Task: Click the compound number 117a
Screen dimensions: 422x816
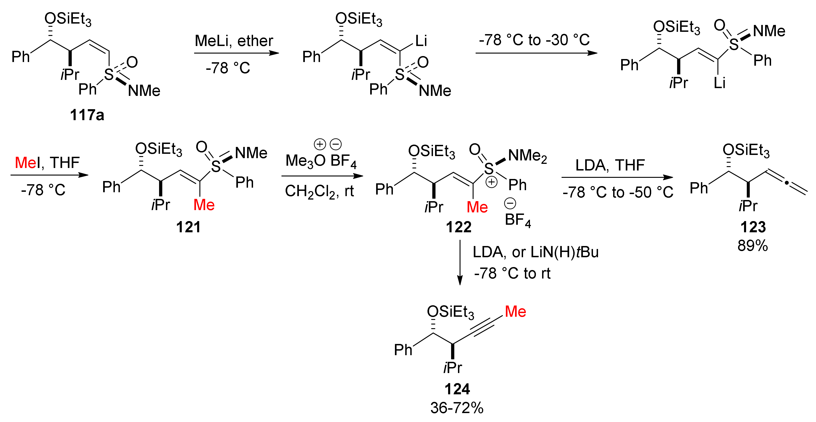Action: tap(87, 115)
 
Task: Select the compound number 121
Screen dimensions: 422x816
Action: tap(188, 227)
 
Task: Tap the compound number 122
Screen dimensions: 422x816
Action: tap(459, 227)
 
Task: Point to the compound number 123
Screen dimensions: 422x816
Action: tap(753, 227)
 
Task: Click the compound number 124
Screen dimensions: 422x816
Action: tap(457, 389)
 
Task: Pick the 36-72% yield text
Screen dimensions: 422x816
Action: tap(457, 408)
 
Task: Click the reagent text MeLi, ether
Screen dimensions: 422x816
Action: tap(234, 41)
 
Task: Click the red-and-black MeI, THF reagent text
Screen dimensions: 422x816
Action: tap(47, 163)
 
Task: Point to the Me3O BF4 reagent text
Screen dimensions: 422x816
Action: tap(321, 161)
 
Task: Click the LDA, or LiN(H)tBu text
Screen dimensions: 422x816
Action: tap(535, 252)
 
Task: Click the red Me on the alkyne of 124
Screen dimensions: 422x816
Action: tap(515, 312)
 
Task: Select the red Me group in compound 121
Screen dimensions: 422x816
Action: tap(204, 205)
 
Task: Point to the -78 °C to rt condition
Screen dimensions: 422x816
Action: tap(512, 273)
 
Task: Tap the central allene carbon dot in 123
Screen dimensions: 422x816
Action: tap(786, 183)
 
